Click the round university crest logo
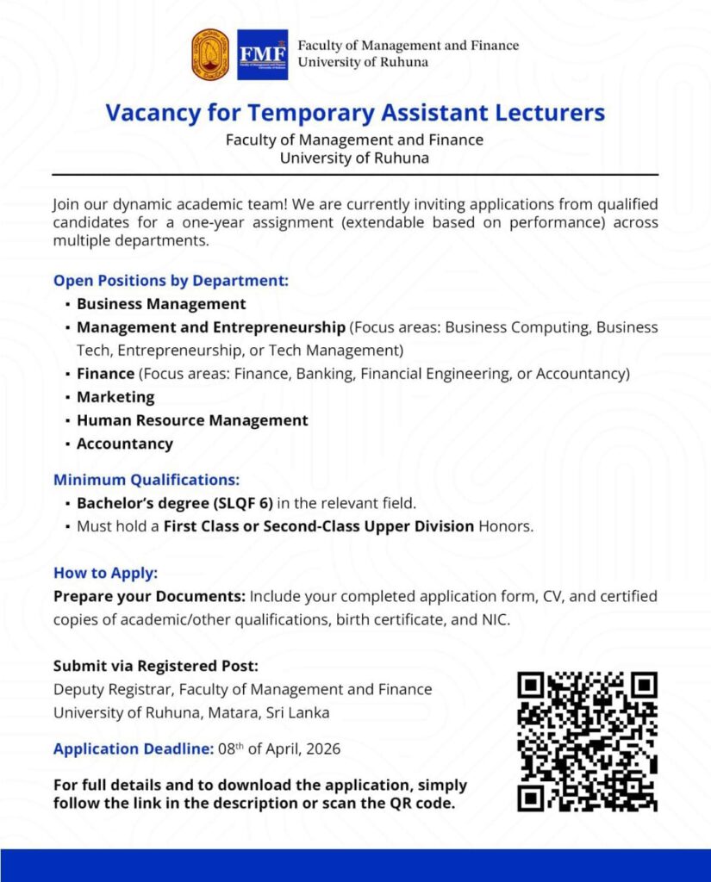[x=211, y=54]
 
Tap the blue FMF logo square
[x=262, y=54]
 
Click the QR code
[x=587, y=742]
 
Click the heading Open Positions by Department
[x=171, y=281]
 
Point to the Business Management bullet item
[x=161, y=304]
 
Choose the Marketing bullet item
[x=115, y=397]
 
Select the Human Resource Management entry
[x=192, y=420]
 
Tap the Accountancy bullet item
[x=125, y=444]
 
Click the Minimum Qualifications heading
[x=147, y=480]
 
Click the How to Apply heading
[x=106, y=573]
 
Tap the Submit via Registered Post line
[x=156, y=666]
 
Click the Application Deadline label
[x=134, y=748]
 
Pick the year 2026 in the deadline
[x=321, y=749]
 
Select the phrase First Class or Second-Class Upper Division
[x=319, y=526]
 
